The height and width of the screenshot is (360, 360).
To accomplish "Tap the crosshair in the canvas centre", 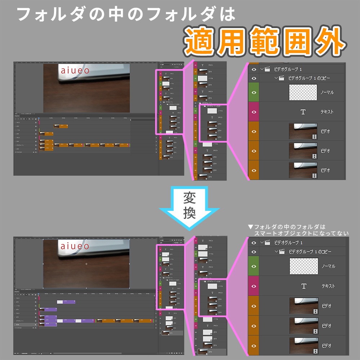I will (x=86, y=264).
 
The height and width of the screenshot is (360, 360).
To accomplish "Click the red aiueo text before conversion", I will (x=75, y=71).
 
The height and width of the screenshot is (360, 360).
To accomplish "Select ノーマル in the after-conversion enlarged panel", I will (x=328, y=266).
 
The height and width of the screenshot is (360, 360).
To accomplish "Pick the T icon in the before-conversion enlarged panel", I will (x=303, y=112).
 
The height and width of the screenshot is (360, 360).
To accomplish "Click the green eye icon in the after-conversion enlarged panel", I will (x=254, y=266).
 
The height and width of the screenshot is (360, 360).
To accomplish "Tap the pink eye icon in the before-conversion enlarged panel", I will (x=254, y=112).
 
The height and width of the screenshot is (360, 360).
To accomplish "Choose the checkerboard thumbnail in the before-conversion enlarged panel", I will (x=303, y=93).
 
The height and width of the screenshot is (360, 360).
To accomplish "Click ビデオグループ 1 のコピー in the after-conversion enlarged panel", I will (x=310, y=251).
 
